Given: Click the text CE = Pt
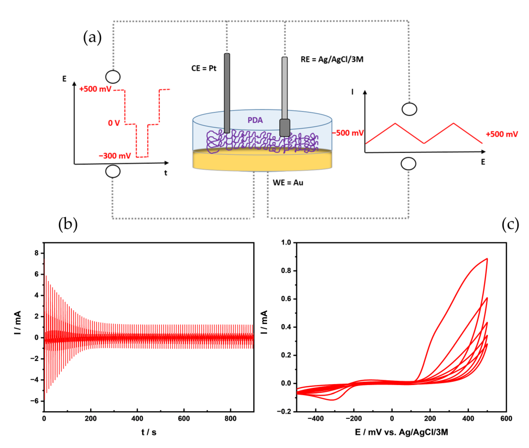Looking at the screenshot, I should pos(204,68).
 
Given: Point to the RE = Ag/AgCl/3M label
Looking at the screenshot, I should pos(332,59).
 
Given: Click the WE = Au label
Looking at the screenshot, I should pos(288,183).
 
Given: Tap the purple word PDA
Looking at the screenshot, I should pos(255,120).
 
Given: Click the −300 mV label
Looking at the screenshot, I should pos(115,156).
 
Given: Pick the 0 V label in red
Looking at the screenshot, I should pos(114,123).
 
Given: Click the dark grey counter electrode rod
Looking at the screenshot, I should pos(227,91).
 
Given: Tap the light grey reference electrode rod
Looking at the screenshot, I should pos(285,86).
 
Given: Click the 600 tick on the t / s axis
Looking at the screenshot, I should pos(184,418).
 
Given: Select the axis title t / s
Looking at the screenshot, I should pos(149,432).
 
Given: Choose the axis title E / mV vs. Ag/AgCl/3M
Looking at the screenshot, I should pos(401,432).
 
